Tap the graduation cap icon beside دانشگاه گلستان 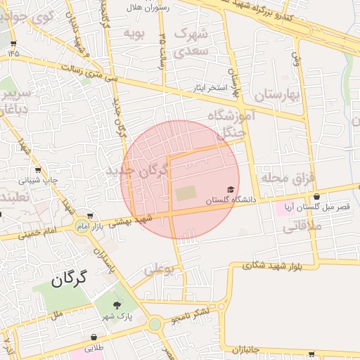[231, 190]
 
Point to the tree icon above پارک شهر [117, 304]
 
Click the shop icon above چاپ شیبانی [38, 170]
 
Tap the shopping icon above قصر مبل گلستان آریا [316, 197]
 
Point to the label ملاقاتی [302, 227]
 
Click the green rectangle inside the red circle [186, 192]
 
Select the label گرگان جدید [139, 171]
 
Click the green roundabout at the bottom [155, 324]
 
